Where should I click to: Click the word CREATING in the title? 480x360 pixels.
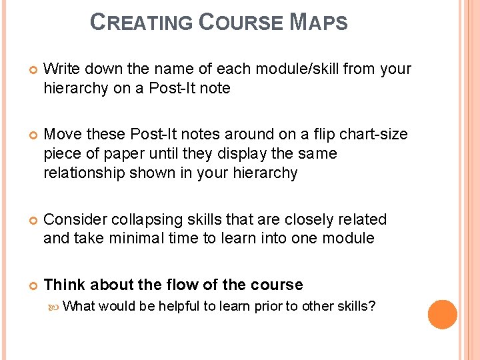tap(141, 23)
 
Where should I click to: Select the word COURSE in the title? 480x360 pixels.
tap(241, 23)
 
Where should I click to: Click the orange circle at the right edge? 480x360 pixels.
tap(443, 315)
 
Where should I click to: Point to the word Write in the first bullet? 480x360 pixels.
tap(62, 69)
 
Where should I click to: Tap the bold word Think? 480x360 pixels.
tap(64, 285)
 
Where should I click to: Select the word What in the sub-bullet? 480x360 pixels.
tap(81, 306)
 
